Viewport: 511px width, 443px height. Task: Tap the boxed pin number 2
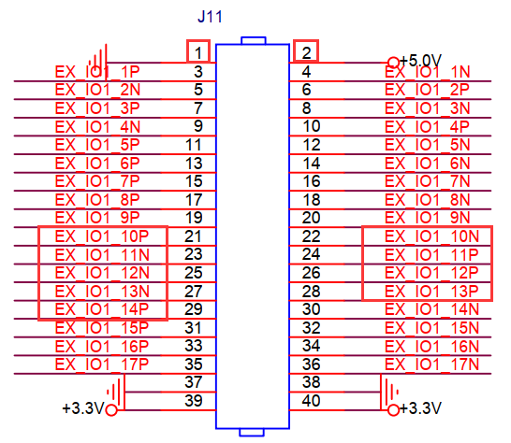(306, 52)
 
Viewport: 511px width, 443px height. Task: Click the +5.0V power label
(420, 62)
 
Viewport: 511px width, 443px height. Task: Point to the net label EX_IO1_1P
(97, 72)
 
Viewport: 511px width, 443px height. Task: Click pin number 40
(312, 400)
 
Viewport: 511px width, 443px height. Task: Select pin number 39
(194, 400)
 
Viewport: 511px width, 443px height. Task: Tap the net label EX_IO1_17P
(101, 364)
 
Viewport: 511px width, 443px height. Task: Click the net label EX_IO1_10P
(101, 236)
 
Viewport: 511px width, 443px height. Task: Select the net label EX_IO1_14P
(101, 309)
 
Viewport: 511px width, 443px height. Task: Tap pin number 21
(194, 236)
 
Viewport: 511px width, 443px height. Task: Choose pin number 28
(312, 291)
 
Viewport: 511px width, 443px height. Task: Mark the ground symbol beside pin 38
(386, 386)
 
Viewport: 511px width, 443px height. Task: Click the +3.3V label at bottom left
(82, 409)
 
